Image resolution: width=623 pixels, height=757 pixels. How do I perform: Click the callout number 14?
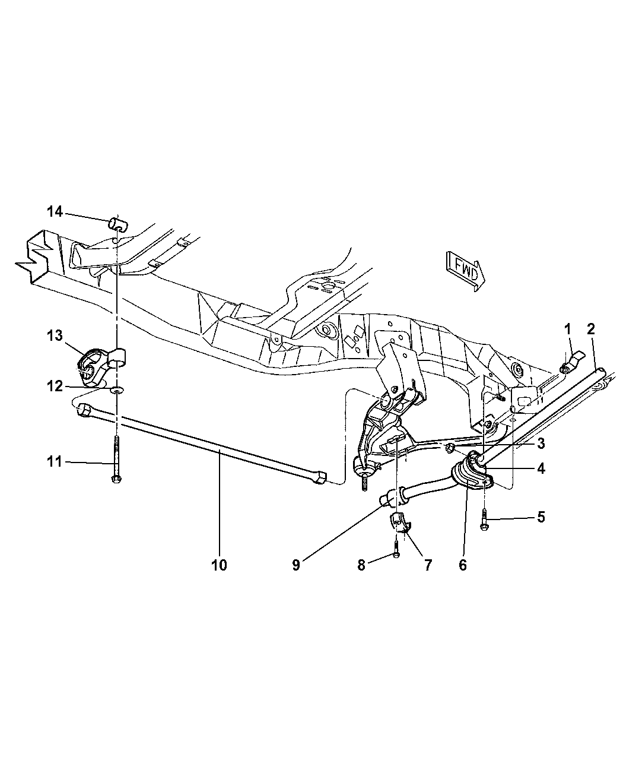(x=55, y=211)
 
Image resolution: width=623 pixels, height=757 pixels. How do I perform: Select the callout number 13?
(x=55, y=335)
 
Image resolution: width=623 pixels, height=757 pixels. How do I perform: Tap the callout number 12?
(x=55, y=387)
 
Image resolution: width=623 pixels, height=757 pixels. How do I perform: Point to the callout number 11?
(x=55, y=462)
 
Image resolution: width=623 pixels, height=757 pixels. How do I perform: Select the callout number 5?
(x=541, y=517)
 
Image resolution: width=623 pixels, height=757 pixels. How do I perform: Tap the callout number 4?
(x=541, y=469)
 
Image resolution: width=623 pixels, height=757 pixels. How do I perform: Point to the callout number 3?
(x=541, y=443)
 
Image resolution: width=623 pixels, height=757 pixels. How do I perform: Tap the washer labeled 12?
(x=117, y=391)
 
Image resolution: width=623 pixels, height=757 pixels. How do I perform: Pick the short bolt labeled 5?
(x=485, y=520)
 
